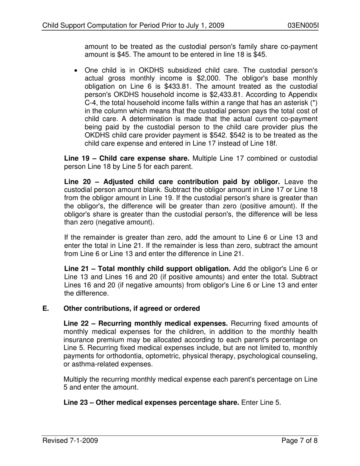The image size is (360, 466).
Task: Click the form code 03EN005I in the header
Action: (303, 26)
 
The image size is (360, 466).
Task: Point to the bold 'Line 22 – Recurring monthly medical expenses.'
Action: (146, 323)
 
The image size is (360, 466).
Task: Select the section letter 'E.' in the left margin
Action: (45, 308)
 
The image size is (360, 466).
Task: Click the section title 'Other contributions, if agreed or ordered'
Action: (131, 308)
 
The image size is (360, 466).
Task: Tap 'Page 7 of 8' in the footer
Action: (299, 441)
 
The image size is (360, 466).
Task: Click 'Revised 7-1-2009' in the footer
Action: (70, 441)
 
